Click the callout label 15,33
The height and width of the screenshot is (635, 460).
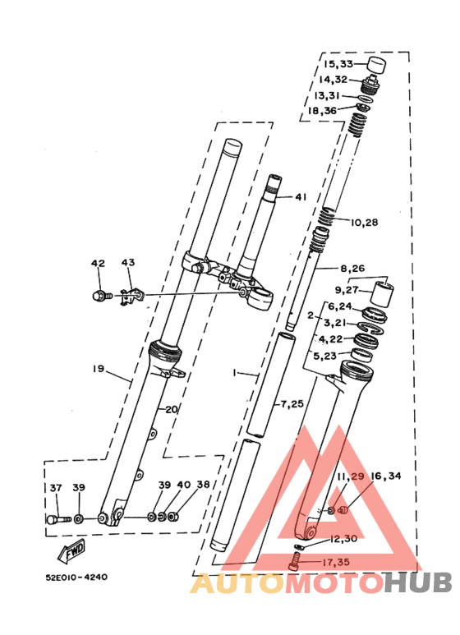pyautogui.click(x=338, y=64)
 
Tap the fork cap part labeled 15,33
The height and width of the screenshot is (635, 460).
pyautogui.click(x=376, y=66)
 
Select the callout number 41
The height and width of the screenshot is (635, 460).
pyautogui.click(x=301, y=197)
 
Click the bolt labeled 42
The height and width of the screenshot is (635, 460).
pyautogui.click(x=101, y=297)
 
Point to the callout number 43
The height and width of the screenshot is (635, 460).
pyautogui.click(x=128, y=262)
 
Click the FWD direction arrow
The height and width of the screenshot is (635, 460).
pyautogui.click(x=72, y=550)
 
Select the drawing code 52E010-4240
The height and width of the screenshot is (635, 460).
pyautogui.click(x=76, y=577)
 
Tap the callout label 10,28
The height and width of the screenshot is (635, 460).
pyautogui.click(x=364, y=223)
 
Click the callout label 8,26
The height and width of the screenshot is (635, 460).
pyautogui.click(x=352, y=268)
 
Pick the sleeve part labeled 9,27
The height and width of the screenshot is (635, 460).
pyautogui.click(x=382, y=295)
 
